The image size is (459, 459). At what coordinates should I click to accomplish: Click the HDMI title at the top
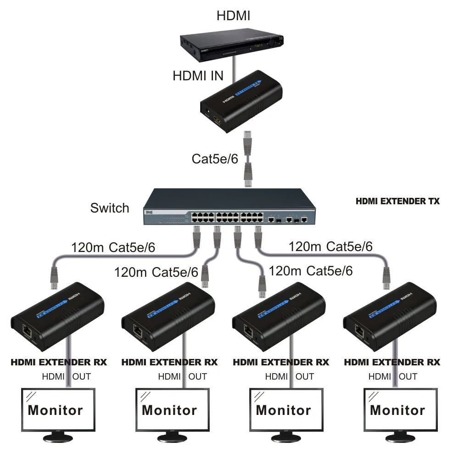pyautogui.click(x=233, y=16)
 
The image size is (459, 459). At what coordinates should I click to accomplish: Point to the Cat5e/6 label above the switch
pyautogui.click(x=215, y=159)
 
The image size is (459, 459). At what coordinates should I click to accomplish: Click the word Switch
pyautogui.click(x=110, y=208)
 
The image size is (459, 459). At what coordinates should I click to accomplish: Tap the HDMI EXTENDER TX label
pyautogui.click(x=397, y=201)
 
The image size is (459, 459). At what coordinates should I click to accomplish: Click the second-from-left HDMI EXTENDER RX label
pyautogui.click(x=169, y=362)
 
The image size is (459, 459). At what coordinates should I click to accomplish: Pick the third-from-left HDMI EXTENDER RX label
pyautogui.click(x=281, y=362)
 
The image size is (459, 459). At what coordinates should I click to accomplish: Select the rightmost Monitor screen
pyautogui.click(x=397, y=409)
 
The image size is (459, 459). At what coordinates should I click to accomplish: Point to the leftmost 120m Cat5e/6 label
pyautogui.click(x=113, y=248)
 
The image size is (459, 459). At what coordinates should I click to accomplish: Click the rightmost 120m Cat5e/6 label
pyautogui.click(x=330, y=246)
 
